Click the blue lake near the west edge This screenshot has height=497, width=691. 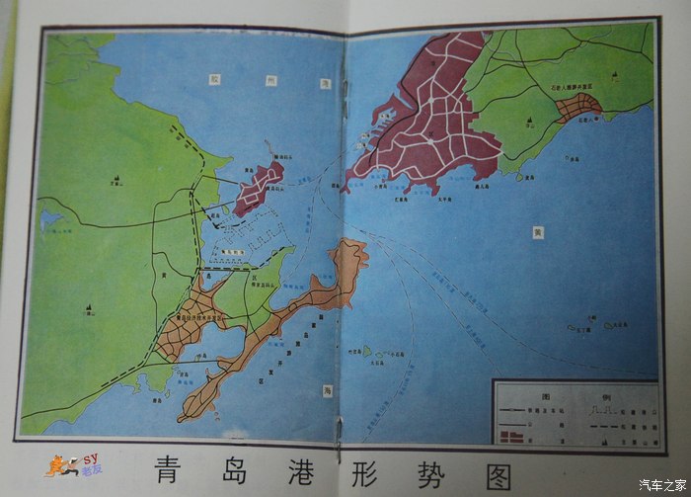49,218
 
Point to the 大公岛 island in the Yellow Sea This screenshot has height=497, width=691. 621,322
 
